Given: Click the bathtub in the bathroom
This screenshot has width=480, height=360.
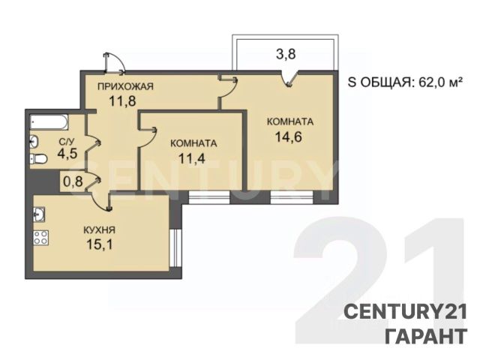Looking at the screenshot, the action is [x=49, y=122].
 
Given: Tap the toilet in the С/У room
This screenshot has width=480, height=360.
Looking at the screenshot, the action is [x=38, y=159].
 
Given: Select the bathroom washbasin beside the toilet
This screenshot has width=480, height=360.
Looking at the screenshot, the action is [x=34, y=141].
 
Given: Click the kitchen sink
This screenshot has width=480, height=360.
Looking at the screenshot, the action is [x=39, y=214].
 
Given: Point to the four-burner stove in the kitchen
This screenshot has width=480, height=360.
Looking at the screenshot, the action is [x=40, y=237].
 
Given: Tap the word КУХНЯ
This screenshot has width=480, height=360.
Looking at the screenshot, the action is [x=99, y=230].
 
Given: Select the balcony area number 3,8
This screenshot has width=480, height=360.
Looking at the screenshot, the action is [x=286, y=55].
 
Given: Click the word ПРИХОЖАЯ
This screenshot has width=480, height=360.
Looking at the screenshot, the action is [x=125, y=87].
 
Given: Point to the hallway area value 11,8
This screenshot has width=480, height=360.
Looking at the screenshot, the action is [x=122, y=100].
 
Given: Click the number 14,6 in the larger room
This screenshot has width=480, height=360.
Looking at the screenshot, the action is [x=289, y=136].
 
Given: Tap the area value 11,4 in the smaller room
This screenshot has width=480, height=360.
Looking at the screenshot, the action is [x=192, y=158].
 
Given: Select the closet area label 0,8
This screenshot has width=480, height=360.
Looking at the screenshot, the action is [x=73, y=181].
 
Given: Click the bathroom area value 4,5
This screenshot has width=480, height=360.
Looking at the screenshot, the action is [x=67, y=153].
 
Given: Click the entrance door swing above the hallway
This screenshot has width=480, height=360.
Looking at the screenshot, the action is [x=114, y=63].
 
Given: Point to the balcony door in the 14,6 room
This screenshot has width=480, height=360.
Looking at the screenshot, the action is [x=289, y=79].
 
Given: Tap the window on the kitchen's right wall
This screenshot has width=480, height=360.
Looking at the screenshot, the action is [x=175, y=248].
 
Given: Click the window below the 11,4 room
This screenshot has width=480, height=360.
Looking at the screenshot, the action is [x=209, y=197].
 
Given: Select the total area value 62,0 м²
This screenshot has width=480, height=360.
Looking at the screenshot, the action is [x=439, y=82].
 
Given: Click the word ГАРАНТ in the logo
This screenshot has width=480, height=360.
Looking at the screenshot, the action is [x=426, y=336].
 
